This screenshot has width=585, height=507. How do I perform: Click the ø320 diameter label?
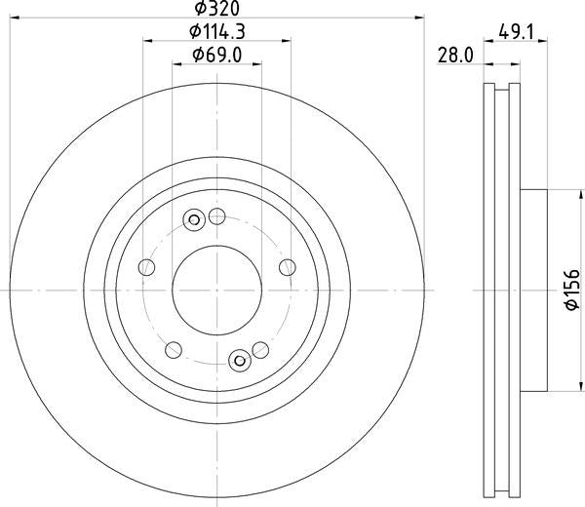(x=216, y=9)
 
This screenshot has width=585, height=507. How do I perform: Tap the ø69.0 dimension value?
(x=216, y=54)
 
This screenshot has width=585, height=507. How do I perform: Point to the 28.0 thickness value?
(x=455, y=57)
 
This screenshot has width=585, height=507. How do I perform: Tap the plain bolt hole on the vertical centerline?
(x=216, y=216)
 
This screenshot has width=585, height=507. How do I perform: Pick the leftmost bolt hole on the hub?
(x=147, y=267)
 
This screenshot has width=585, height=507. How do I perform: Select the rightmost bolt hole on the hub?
(x=287, y=267)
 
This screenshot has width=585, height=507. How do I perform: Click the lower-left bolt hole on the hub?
(x=174, y=349)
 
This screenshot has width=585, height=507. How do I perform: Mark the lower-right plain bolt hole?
(x=259, y=349)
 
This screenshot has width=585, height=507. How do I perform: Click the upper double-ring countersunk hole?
(x=194, y=219)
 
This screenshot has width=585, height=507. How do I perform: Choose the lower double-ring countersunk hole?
(x=239, y=361)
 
